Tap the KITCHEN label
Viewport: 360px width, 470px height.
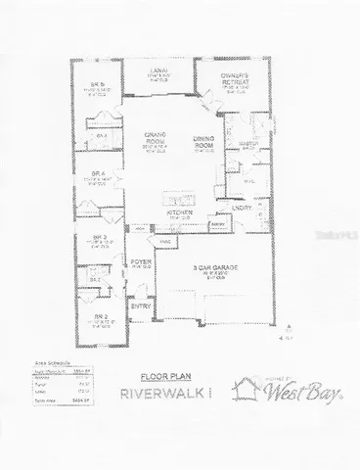(x=177, y=211)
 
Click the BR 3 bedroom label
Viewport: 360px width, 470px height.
(x=99, y=237)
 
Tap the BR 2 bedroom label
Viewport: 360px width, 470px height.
(x=100, y=318)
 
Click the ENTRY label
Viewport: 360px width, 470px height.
(x=141, y=307)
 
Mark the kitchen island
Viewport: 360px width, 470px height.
(x=176, y=189)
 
